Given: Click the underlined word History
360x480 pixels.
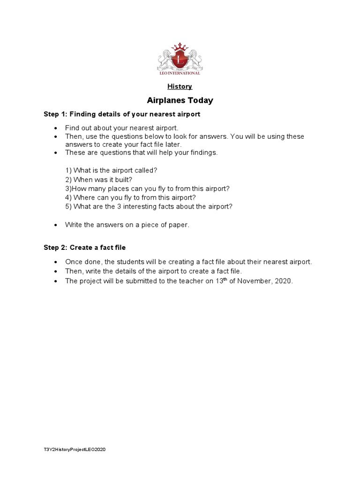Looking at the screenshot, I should (x=180, y=86).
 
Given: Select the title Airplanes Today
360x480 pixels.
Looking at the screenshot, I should (x=180, y=100).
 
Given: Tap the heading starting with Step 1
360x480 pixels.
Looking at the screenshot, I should (x=122, y=114).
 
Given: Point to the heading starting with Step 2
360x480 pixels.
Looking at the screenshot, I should (x=85, y=247).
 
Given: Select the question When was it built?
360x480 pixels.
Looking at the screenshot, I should (x=96, y=180).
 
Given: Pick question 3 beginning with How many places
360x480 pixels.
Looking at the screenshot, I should (x=148, y=188).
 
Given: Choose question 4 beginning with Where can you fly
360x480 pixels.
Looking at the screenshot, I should (x=130, y=197).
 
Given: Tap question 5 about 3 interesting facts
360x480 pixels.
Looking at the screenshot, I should (x=149, y=206).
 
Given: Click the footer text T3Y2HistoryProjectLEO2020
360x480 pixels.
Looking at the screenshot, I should (x=75, y=450).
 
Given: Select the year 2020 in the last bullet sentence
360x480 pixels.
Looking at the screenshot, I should (x=284, y=281).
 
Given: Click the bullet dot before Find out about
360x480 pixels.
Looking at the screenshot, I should (x=56, y=128).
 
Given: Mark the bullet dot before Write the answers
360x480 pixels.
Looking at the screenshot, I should (x=56, y=225).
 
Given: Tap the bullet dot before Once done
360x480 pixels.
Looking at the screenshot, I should (x=56, y=262).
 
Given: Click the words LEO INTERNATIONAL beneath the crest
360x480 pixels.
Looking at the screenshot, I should (x=180, y=73).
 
